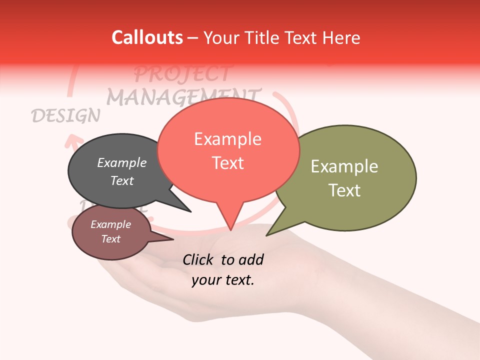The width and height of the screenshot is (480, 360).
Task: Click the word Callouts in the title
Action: tap(147, 37)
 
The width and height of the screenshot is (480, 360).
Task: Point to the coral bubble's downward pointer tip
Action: tap(230, 229)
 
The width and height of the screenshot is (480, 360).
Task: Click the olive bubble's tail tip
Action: tap(267, 234)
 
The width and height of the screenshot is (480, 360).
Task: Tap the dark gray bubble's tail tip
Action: tap(190, 211)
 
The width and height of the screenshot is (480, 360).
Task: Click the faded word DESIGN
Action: tap(65, 115)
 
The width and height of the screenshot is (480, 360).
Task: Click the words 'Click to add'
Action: tap(222, 259)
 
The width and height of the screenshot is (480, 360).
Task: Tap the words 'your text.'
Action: tap(222, 280)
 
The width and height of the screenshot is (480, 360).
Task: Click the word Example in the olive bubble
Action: tap(344, 166)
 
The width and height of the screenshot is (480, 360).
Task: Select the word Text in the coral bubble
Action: tap(228, 163)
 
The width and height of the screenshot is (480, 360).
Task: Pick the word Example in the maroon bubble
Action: tap(110, 224)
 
